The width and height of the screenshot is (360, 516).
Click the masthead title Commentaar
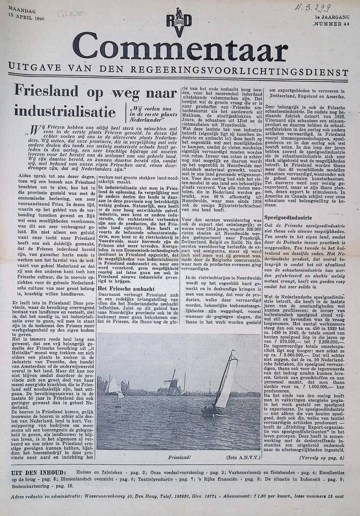pos(180,50)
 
